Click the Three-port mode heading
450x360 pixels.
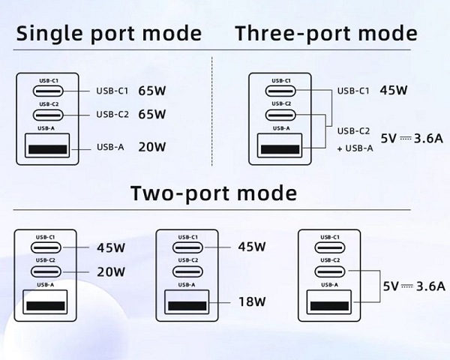[326, 34]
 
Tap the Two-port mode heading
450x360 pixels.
[214, 193]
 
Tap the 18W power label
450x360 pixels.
[252, 302]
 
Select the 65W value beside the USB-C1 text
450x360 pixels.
[151, 91]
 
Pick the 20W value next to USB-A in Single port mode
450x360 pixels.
[151, 147]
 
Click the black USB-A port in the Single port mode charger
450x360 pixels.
[46, 147]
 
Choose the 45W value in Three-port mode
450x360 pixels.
[393, 91]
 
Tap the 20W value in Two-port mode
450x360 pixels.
[111, 272]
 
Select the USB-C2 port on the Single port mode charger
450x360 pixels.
[46, 115]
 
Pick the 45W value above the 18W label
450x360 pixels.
[252, 247]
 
